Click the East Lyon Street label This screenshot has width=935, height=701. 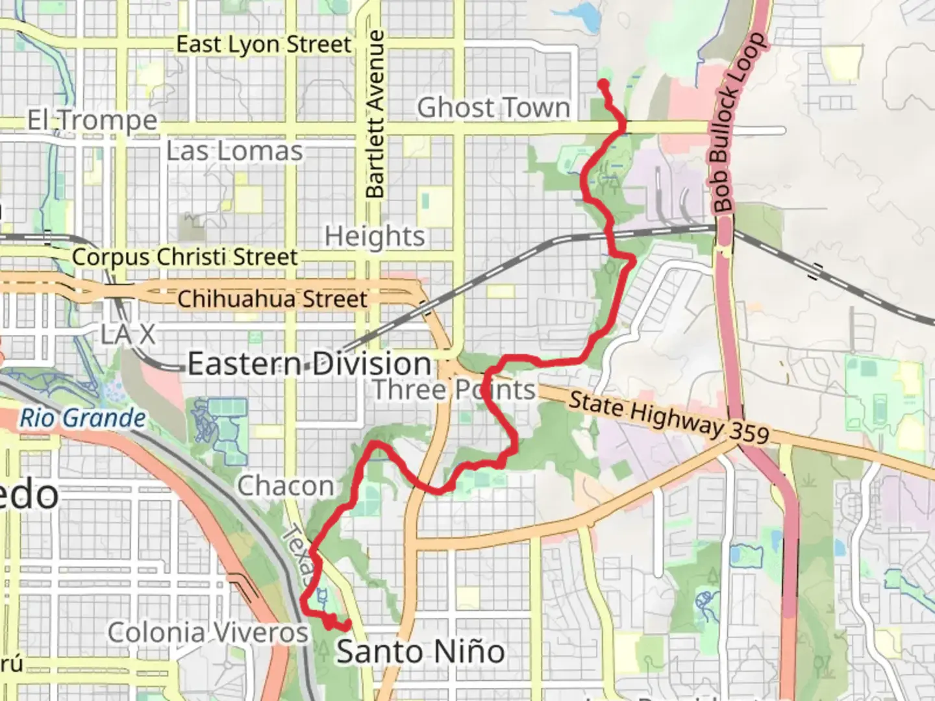click(264, 45)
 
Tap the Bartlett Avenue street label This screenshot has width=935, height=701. click(375, 114)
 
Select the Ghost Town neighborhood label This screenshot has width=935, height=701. click(493, 108)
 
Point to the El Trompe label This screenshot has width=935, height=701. click(92, 121)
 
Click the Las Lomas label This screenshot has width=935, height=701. click(234, 152)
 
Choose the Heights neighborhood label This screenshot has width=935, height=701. click(375, 236)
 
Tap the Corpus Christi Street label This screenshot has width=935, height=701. click(184, 257)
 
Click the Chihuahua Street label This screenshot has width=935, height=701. click(272, 299)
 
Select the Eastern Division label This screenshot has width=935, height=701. click(310, 364)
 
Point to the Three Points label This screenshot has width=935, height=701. click(454, 390)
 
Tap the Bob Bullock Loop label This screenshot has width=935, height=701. click(739, 123)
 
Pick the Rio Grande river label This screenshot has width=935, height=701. click(82, 419)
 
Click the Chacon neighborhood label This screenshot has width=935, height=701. click(286, 486)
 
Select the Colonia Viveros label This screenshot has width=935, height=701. click(208, 633)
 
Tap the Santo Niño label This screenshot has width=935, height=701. click(420, 652)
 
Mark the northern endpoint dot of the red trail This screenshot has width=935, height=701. click(603, 84)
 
